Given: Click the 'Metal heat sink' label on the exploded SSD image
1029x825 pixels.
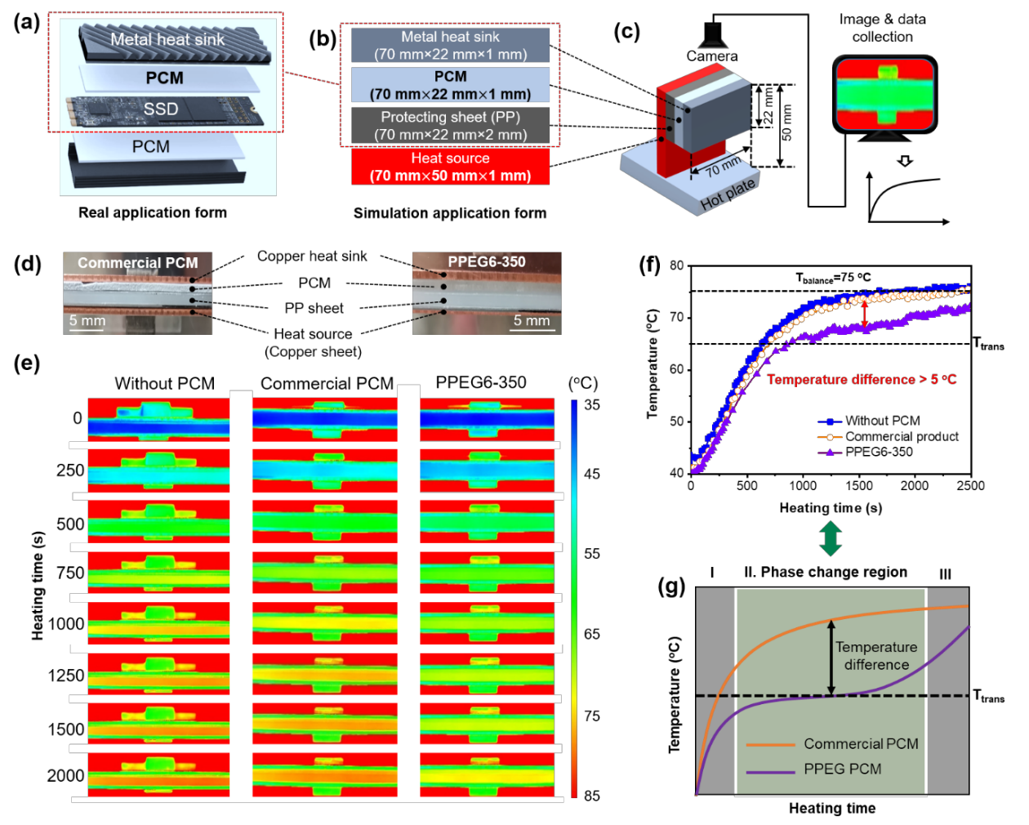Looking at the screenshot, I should point(167,39).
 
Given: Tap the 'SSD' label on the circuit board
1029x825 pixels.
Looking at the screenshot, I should point(161,109).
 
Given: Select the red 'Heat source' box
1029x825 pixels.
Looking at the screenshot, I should point(450,167).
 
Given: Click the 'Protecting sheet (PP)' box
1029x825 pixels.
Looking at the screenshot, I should point(450,126).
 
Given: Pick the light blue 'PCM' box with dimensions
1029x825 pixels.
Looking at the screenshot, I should point(450,85).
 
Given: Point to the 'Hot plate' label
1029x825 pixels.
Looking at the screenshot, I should point(728,194).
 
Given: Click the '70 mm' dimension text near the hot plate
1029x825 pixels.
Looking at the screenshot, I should point(723,167).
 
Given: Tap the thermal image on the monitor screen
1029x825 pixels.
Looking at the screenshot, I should point(884,94).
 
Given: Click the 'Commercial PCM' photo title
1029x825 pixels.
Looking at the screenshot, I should point(137,263).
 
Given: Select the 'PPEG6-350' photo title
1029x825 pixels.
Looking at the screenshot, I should point(487,261).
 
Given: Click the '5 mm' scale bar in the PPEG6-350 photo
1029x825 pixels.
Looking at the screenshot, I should point(532,323).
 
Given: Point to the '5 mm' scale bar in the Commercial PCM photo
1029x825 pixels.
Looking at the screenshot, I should point(87,323).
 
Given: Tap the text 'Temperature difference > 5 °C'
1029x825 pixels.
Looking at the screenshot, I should point(862,379).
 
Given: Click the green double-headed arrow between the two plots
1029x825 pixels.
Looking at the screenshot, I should point(831,539).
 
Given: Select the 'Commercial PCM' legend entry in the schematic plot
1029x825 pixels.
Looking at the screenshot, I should point(861,744).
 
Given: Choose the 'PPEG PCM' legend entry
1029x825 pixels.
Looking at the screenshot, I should point(842,769).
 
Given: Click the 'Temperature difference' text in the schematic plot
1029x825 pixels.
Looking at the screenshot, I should point(876,656).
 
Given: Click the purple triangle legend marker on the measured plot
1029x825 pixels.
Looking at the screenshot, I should point(830,452).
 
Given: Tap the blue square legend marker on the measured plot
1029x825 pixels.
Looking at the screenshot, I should point(830,422).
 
